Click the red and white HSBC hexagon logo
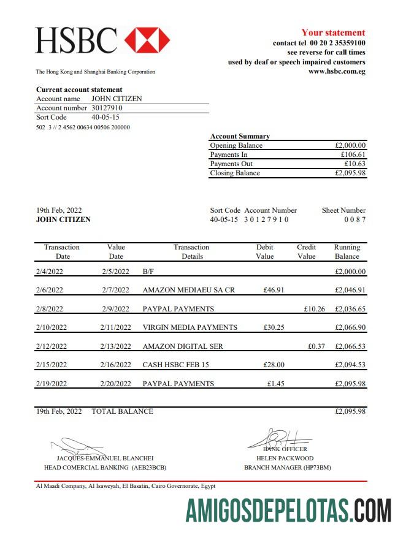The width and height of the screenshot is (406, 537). pos(147,40)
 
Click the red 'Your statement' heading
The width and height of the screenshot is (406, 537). pos(333,32)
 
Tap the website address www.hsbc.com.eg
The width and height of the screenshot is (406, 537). pos(337,71)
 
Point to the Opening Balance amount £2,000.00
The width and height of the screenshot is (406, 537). pos(350,145)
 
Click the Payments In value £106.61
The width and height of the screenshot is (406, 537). pos(353,154)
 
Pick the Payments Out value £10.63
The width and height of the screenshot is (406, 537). pos(354,164)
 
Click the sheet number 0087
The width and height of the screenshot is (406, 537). pos(354,219)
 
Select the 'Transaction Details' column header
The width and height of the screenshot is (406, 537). pos(191,251)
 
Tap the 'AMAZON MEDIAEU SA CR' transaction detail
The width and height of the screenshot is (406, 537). pos(188,290)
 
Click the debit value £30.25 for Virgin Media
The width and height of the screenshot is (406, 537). pos(274,327)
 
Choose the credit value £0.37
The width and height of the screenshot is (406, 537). pos(316,346)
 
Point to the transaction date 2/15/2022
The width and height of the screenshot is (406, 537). pos(52,365)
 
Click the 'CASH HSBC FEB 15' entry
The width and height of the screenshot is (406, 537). pos(175,365)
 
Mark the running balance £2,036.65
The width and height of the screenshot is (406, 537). pos(350,309)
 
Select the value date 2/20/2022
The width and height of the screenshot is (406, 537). pos(116,384)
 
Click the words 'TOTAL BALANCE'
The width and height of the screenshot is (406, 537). pos(122,411)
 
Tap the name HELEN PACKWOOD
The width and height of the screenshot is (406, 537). pos(285,458)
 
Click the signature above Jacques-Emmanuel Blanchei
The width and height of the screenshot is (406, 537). pos(80,446)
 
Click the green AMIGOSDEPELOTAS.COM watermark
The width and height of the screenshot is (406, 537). pos(288,510)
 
